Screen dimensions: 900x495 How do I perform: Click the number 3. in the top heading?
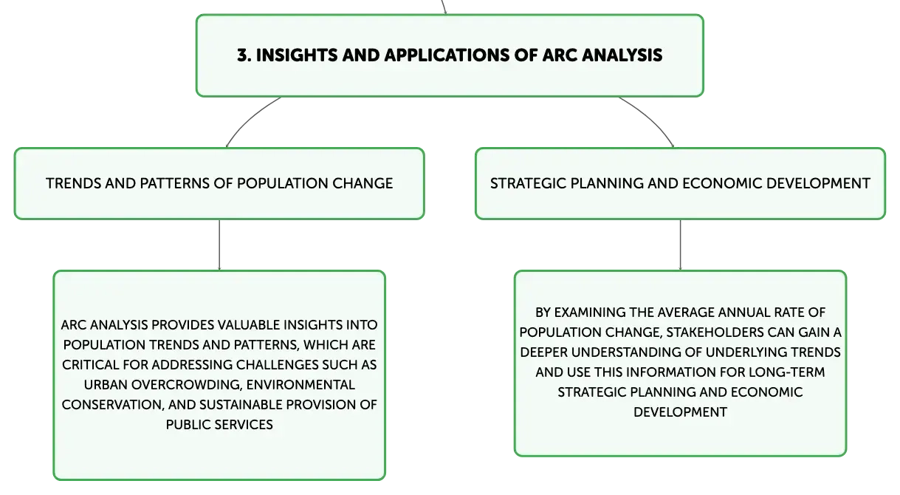(x=244, y=55)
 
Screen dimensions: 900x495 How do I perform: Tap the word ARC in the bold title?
(x=560, y=55)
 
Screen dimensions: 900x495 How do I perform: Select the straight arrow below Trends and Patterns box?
(x=219, y=245)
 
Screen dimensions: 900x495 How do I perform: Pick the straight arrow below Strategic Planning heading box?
(x=680, y=245)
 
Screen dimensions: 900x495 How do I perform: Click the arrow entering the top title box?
(x=444, y=7)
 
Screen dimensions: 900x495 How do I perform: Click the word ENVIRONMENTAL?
(x=300, y=385)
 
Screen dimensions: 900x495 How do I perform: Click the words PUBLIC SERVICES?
(x=219, y=425)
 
